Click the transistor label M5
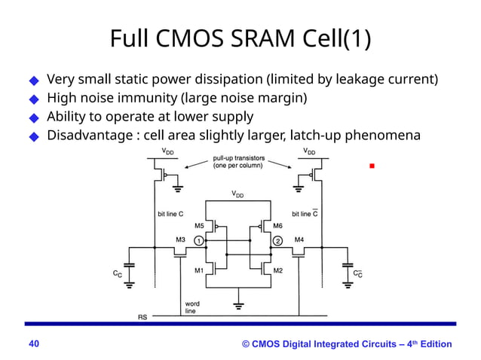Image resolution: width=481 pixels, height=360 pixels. tap(199, 225)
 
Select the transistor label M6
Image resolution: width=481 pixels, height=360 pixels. tap(278, 225)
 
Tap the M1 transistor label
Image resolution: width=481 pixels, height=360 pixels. tap(199, 270)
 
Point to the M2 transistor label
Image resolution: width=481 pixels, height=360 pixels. tap(278, 270)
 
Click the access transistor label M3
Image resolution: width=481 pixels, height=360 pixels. tap(180, 239)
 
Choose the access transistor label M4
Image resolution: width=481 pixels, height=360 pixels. tap(299, 239)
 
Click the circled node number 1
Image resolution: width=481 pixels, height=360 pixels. tap(198, 241)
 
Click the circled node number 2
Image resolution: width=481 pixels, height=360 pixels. tap(277, 241)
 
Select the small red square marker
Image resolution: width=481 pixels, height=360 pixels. tap(372, 165)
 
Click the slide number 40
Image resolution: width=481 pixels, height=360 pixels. tap(34, 344)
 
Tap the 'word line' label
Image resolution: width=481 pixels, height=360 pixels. tap(191, 307)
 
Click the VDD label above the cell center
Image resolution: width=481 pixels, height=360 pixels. tap(237, 194)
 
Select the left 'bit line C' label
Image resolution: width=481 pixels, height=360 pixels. tap(171, 214)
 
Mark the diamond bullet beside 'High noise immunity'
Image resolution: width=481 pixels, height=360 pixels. tap(33, 99)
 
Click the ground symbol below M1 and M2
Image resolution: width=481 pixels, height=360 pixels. tap(239, 306)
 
